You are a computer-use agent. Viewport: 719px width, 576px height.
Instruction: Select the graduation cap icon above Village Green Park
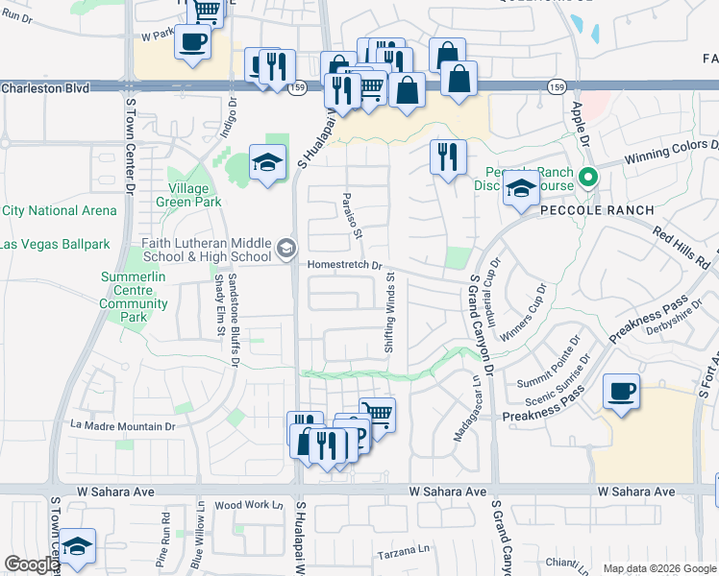click(268, 162)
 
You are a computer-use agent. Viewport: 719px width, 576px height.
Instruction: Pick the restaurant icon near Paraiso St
click(447, 157)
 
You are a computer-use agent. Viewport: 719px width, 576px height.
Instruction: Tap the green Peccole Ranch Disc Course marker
click(591, 176)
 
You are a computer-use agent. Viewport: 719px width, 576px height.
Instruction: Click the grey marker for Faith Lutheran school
click(285, 249)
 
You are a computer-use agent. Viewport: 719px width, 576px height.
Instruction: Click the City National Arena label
click(59, 210)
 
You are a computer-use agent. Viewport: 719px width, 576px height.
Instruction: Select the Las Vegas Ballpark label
click(55, 244)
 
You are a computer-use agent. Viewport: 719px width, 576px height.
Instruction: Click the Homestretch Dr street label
click(345, 266)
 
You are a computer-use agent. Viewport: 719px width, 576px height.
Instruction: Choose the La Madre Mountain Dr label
click(123, 425)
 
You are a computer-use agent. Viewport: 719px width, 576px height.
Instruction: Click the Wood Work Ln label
click(249, 505)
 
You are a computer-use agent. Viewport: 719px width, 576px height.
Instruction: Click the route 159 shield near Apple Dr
click(557, 87)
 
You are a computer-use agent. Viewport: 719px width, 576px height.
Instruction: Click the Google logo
click(31, 564)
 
